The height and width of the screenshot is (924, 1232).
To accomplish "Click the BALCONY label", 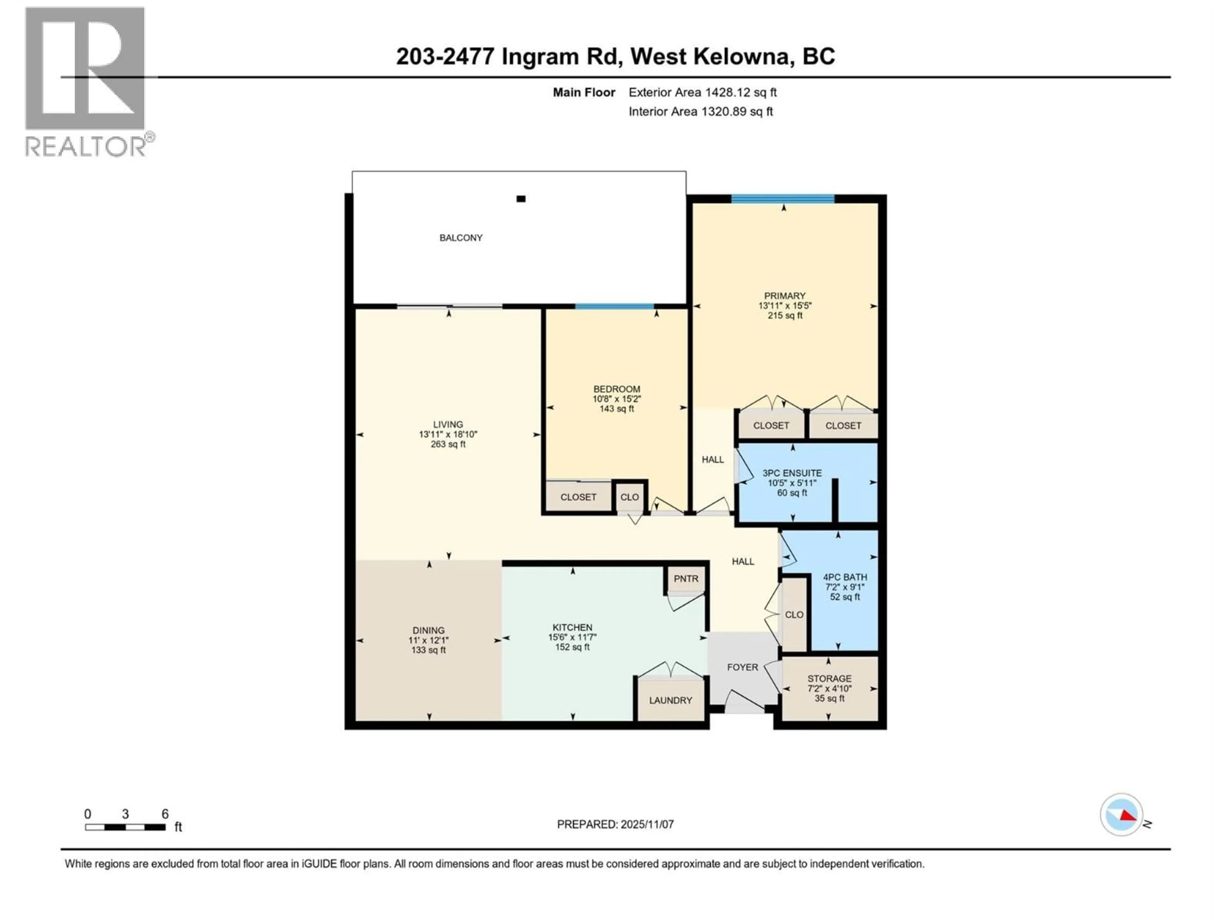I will pyautogui.click(x=461, y=238).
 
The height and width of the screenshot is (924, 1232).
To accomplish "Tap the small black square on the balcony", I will pyautogui.click(x=521, y=199).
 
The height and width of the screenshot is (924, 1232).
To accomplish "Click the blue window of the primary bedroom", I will pyautogui.click(x=783, y=198).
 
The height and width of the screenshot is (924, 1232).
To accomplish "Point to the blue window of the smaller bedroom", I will pyautogui.click(x=614, y=306).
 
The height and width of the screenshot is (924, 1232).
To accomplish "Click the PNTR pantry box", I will pyautogui.click(x=686, y=579).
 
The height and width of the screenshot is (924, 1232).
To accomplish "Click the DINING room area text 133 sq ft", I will pyautogui.click(x=428, y=650).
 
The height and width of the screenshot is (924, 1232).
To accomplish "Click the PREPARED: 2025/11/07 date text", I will pyautogui.click(x=615, y=824).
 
